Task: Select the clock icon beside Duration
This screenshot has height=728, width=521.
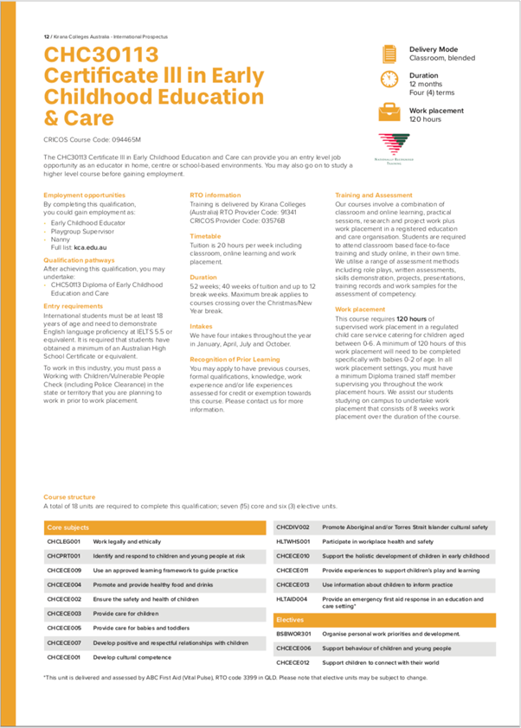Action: point(389,80)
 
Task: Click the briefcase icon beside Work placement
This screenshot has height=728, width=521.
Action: point(389,112)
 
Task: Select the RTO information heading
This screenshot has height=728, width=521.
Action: point(215,195)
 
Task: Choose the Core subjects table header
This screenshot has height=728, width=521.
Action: point(68,527)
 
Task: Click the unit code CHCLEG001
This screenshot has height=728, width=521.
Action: point(64,540)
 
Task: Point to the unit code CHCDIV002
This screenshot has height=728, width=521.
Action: point(293,527)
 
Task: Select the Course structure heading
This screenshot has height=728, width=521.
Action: point(70,497)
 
